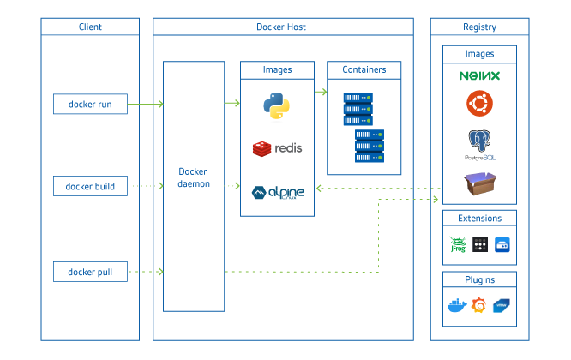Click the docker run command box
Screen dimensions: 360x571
click(90, 105)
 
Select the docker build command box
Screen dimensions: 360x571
click(90, 186)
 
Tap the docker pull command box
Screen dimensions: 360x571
click(90, 273)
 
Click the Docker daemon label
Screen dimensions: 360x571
click(194, 177)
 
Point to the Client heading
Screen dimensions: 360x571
click(90, 27)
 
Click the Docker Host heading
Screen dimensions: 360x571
click(281, 27)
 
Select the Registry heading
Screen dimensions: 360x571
click(479, 27)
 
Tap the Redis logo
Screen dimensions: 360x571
click(277, 148)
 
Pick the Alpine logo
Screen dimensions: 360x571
click(277, 192)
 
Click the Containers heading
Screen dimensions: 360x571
click(364, 69)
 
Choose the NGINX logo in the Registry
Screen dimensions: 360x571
click(479, 76)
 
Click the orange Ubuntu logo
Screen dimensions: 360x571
click(479, 104)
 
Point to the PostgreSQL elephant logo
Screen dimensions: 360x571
click(479, 141)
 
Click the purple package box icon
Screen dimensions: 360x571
click(479, 183)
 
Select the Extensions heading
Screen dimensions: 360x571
click(479, 219)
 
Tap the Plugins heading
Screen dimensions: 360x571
click(479, 279)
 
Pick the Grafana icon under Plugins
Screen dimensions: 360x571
click(479, 305)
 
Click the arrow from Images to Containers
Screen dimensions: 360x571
click(321, 90)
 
